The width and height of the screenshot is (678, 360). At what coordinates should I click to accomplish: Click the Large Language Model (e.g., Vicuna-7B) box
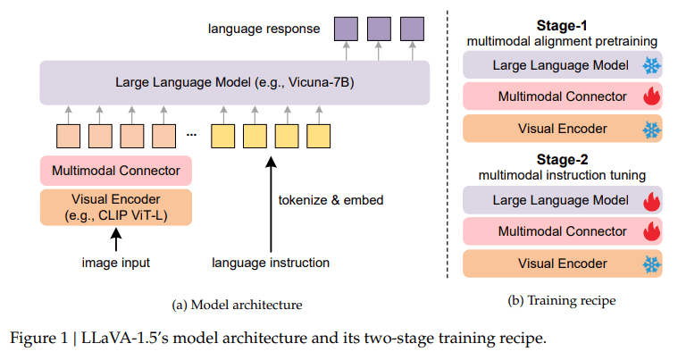tap(235, 82)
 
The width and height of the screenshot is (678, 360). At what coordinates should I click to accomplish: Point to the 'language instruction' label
tap(270, 262)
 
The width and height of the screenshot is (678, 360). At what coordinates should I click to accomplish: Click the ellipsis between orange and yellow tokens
tap(191, 135)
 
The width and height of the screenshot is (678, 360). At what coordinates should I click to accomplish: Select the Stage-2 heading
tap(562, 160)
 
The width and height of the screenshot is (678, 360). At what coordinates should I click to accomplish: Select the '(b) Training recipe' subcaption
tap(562, 301)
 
